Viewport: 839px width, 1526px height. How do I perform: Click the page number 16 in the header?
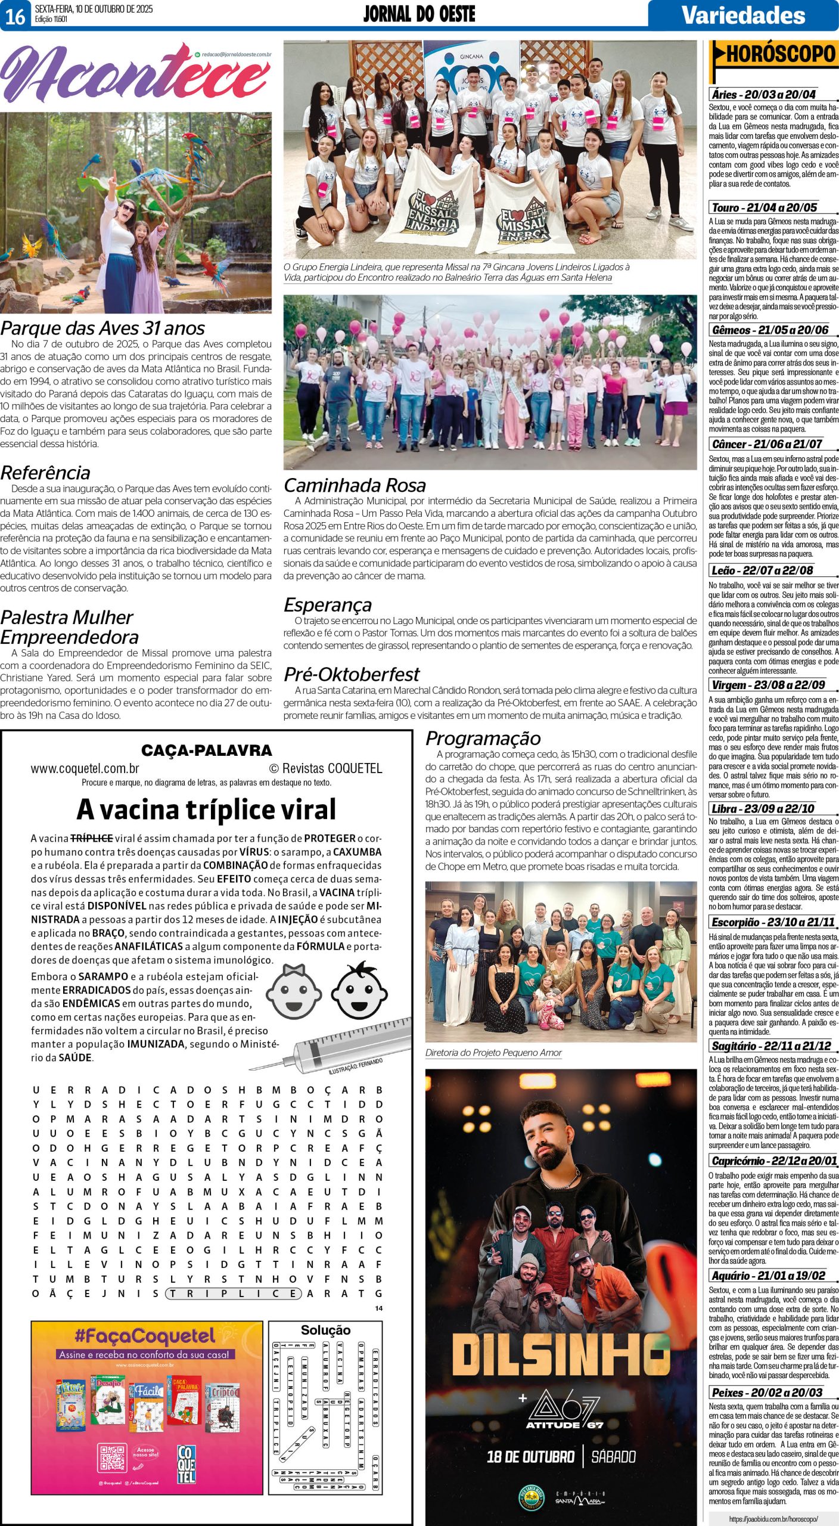[x=15, y=15]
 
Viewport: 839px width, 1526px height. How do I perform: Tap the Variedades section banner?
[x=743, y=15]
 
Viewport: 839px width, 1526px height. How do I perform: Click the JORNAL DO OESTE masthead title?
[x=419, y=14]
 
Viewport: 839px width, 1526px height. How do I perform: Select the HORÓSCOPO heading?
[x=781, y=55]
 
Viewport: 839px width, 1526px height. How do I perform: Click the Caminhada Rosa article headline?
[x=355, y=485]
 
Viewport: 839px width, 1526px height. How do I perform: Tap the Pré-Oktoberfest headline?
[x=352, y=674]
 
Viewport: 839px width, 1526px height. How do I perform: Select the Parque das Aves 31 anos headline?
[x=102, y=328]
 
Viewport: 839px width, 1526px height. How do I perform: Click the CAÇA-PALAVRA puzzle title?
[x=206, y=750]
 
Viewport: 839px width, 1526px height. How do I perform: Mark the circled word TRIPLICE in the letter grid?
[x=233, y=1294]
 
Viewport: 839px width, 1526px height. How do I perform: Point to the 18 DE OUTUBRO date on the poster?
[x=530, y=1457]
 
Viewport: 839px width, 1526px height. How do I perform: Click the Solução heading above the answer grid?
[x=325, y=1330]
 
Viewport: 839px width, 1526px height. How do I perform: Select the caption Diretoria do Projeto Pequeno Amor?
[x=493, y=1053]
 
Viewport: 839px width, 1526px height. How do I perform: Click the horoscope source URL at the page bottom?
[x=773, y=1519]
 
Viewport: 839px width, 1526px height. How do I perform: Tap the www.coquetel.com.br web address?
[x=85, y=768]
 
